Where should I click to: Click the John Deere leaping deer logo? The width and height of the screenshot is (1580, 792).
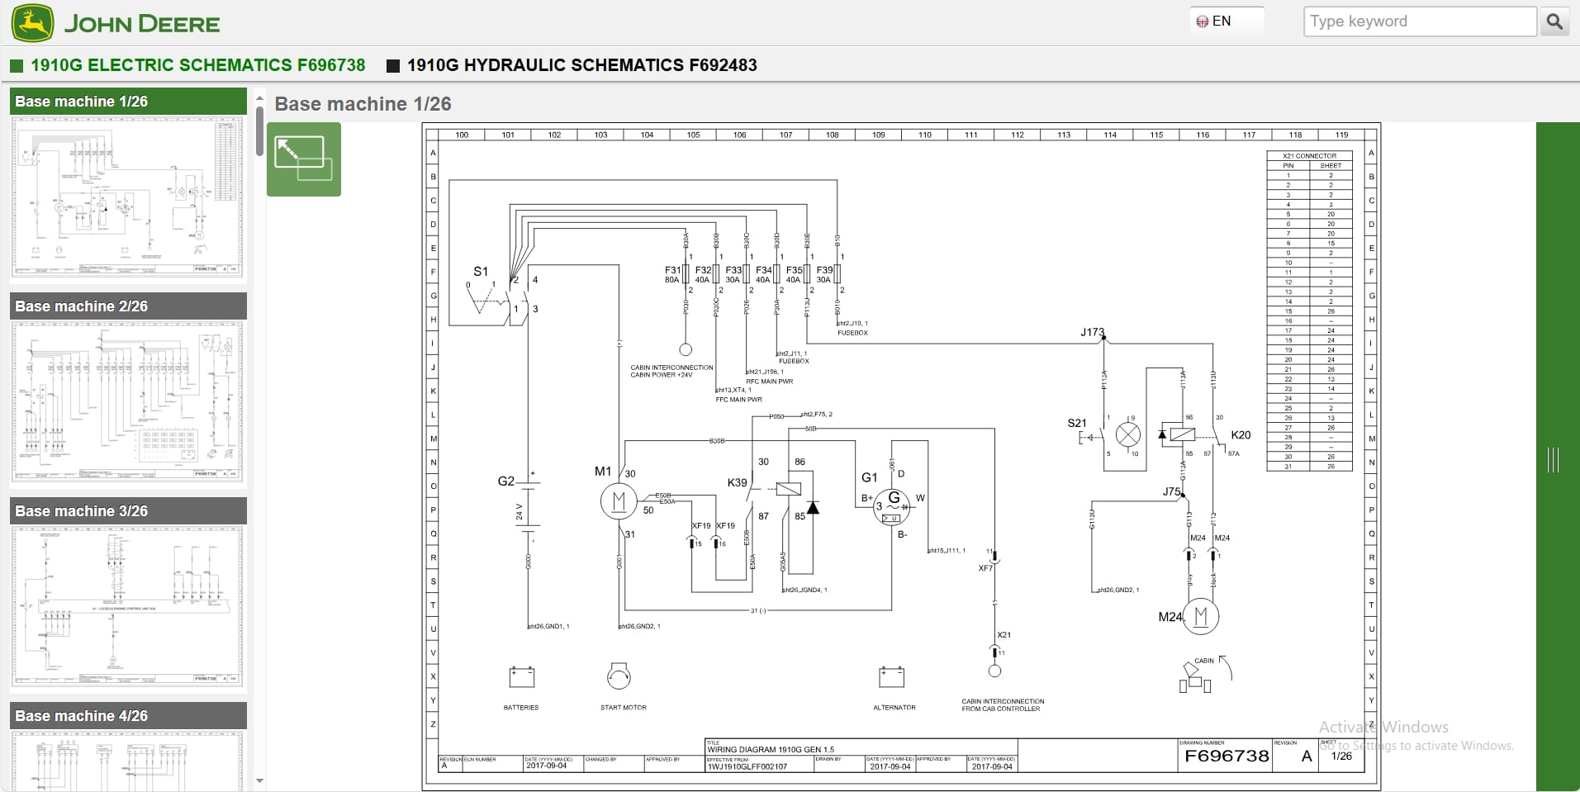click(x=32, y=23)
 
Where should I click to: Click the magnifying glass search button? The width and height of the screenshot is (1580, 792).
click(x=1554, y=21)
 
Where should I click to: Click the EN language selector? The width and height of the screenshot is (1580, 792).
click(x=1215, y=21)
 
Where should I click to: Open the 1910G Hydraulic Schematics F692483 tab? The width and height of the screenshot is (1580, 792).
click(x=581, y=65)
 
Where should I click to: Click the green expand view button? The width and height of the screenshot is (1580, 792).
click(x=303, y=159)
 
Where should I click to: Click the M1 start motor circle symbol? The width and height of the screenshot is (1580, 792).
click(x=618, y=500)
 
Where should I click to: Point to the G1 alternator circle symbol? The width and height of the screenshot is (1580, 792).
click(x=893, y=505)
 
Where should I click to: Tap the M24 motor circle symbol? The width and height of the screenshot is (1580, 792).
click(x=1200, y=616)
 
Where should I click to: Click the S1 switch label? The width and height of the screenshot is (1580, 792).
click(x=480, y=271)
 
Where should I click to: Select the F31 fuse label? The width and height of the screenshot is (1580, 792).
click(x=672, y=270)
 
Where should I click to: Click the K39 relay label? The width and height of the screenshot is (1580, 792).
click(x=737, y=482)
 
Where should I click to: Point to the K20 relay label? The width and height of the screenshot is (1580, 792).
click(x=1240, y=435)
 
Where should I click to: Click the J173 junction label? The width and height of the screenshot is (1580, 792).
click(x=1091, y=332)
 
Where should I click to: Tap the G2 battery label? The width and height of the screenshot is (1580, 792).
click(x=505, y=481)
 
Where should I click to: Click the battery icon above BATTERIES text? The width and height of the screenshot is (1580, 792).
click(x=521, y=677)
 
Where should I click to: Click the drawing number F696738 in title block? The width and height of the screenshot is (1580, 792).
click(x=1226, y=756)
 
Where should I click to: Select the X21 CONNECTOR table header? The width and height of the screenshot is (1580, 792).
click(x=1309, y=155)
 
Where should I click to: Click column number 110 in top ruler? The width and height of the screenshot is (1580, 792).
click(x=924, y=135)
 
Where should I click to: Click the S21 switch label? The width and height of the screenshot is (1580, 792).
click(x=1076, y=423)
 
